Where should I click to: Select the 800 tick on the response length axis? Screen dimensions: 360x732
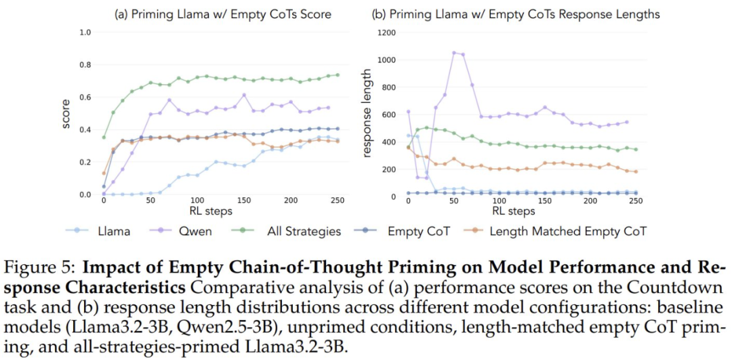pyautogui.click(x=388, y=87)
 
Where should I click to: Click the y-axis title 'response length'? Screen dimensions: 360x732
pyautogui.click(x=368, y=114)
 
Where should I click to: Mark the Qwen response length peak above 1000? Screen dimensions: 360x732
pyautogui.click(x=454, y=52)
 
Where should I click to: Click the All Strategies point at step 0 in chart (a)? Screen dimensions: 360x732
pyautogui.click(x=104, y=138)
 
